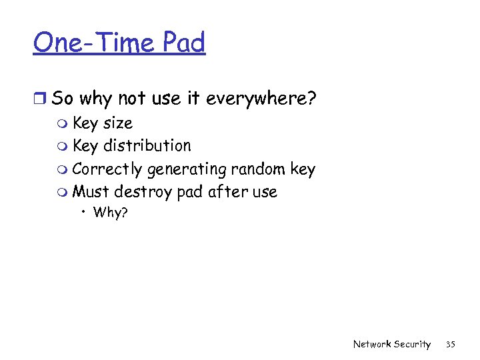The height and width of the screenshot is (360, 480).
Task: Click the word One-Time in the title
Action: point(92,43)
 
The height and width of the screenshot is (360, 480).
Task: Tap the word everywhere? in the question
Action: point(261,99)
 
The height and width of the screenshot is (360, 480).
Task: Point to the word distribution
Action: point(147,146)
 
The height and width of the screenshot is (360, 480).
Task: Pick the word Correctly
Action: point(107,169)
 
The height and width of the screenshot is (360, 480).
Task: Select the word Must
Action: point(91,192)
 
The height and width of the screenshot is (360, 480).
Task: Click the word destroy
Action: point(143,193)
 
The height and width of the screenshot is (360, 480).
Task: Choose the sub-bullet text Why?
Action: point(110,213)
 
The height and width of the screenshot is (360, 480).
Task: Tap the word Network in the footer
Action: point(372,344)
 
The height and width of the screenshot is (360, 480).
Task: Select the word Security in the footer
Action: point(412,344)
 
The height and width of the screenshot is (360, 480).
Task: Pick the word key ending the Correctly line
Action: point(303,169)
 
